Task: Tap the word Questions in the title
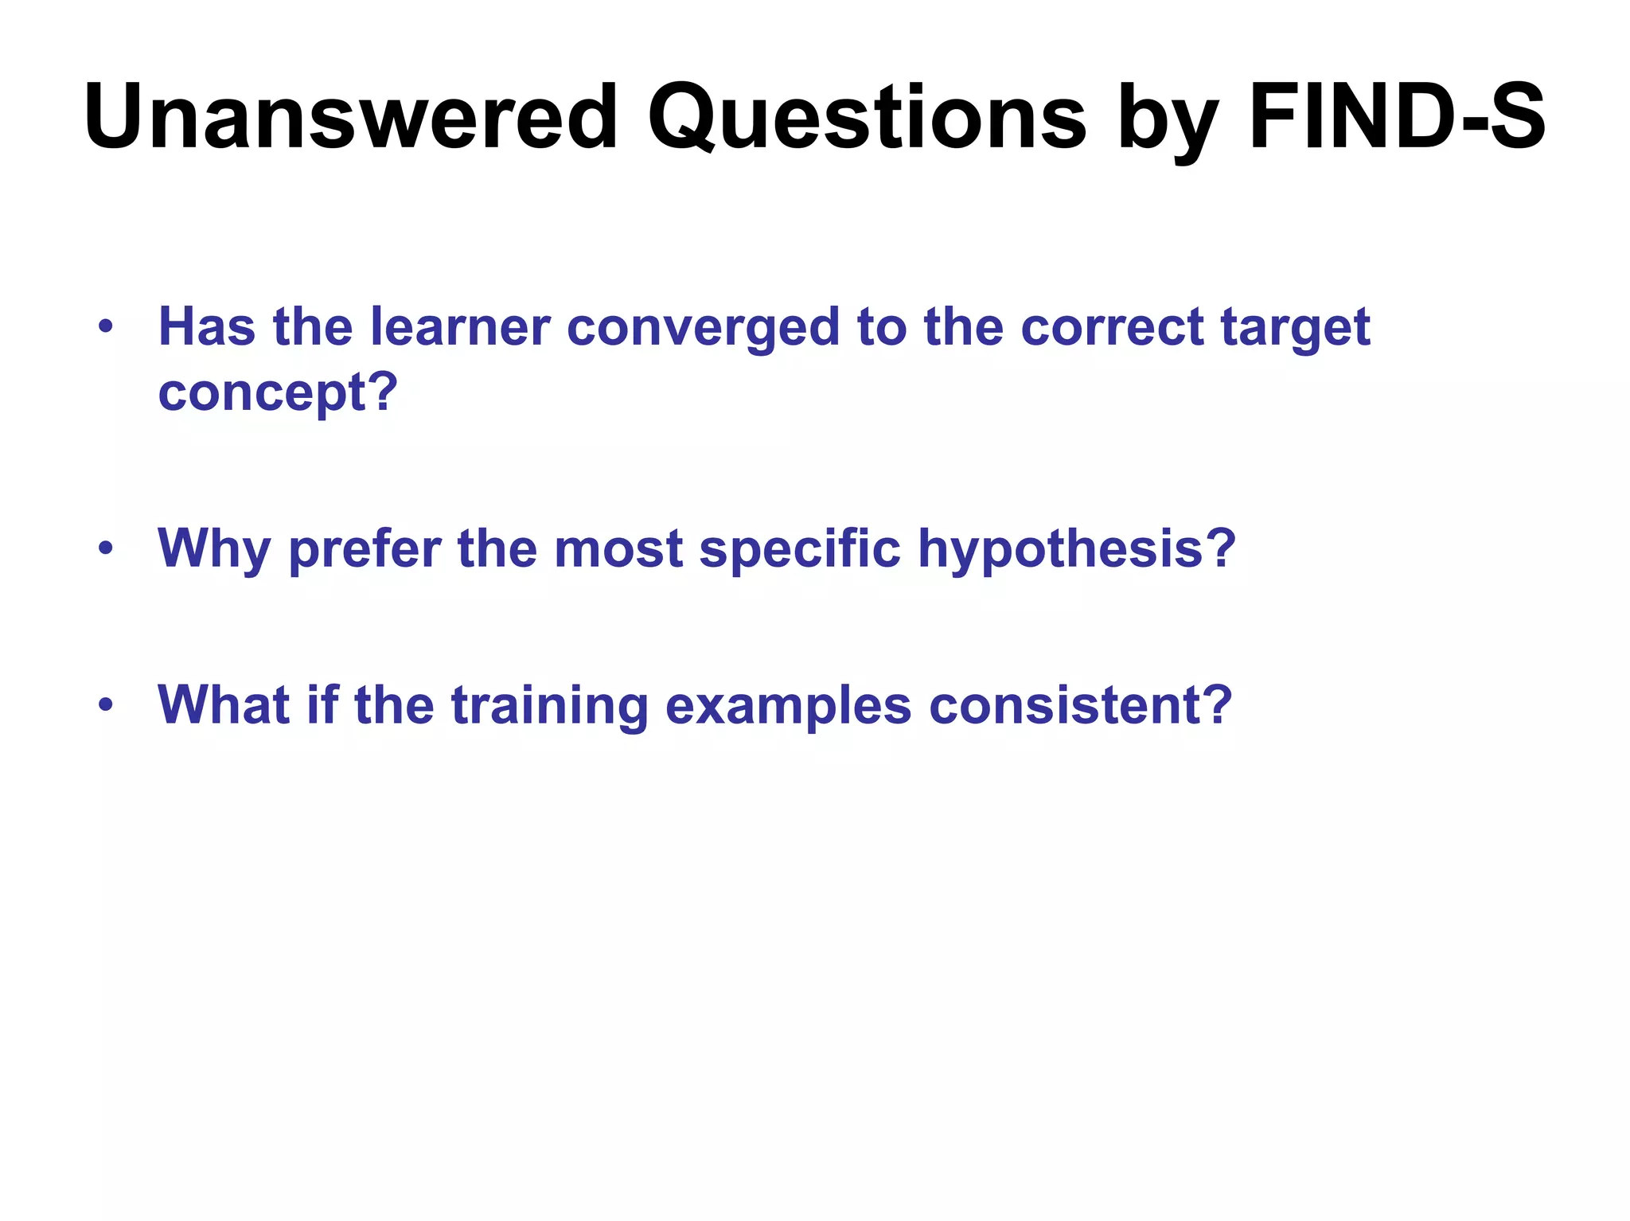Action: point(867,118)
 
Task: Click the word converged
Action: point(703,329)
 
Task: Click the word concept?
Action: point(278,392)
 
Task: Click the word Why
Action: point(213,549)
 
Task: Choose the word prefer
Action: point(365,549)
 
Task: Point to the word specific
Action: point(800,549)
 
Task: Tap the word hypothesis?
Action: point(1077,549)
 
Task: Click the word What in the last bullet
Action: point(224,705)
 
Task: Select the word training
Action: point(549,707)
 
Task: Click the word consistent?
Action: point(1081,705)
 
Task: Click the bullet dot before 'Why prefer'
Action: point(106,548)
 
